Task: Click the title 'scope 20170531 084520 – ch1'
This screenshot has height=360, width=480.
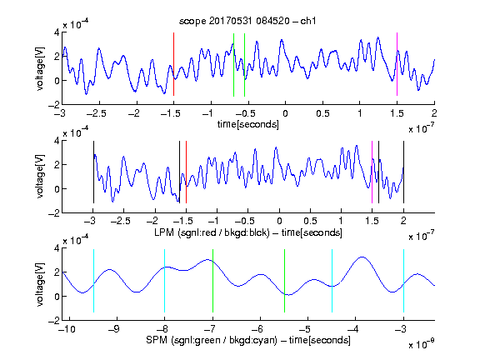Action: (247, 21)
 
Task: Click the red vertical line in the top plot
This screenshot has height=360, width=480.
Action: (173, 64)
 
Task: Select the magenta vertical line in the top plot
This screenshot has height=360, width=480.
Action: (397, 64)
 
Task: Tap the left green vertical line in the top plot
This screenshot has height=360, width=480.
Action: (233, 65)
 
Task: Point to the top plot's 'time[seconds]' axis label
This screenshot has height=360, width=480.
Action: (248, 124)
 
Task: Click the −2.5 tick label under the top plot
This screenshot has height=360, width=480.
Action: (96, 113)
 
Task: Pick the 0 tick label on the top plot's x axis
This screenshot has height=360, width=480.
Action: (285, 113)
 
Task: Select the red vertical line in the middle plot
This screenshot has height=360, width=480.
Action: (186, 172)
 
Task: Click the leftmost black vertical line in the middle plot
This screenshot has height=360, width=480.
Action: (93, 172)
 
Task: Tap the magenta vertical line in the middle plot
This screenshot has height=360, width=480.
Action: (372, 172)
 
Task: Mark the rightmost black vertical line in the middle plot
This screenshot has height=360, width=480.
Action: (403, 172)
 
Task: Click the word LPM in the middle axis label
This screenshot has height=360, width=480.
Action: (164, 232)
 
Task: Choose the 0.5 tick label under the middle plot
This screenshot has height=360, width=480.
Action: (310, 221)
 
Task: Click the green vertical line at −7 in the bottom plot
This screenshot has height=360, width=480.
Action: (212, 281)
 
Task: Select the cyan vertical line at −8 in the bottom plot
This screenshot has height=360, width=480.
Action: (164, 281)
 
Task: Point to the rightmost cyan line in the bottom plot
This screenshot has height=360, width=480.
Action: (403, 281)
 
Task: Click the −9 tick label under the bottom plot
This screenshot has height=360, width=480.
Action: (114, 329)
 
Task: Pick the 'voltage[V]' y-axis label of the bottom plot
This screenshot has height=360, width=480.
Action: (40, 284)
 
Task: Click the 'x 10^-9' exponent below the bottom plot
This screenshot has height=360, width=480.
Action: (422, 343)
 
